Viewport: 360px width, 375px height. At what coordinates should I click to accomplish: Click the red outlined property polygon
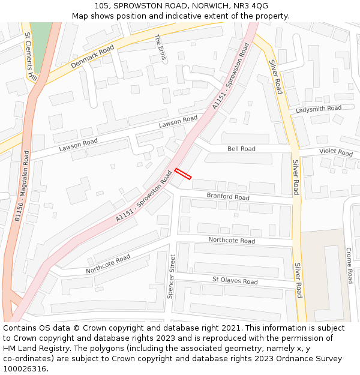(183, 174)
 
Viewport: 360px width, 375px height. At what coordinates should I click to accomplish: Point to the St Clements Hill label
(31, 56)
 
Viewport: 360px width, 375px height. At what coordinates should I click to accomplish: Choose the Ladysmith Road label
(319, 109)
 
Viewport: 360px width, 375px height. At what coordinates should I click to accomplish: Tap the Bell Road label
(241, 149)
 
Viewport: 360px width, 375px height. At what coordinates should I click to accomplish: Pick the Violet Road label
(336, 152)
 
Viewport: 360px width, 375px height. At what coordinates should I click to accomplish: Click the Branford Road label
(228, 197)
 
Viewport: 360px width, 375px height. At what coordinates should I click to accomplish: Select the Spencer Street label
(173, 277)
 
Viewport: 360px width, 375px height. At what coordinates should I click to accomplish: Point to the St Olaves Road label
(235, 281)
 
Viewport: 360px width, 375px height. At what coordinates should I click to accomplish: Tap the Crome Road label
(349, 265)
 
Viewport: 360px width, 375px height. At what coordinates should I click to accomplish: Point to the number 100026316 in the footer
(25, 369)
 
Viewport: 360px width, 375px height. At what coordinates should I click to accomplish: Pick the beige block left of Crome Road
(324, 276)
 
